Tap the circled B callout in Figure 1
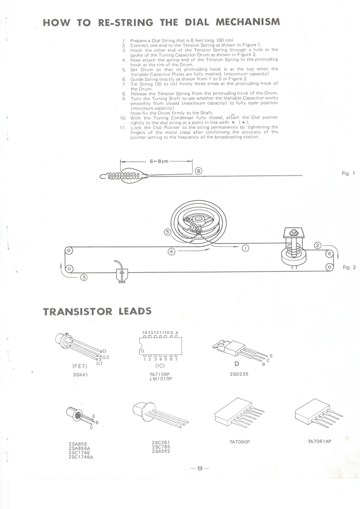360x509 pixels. click(198, 171)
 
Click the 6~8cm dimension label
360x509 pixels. click(157, 161)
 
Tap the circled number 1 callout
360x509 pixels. click(245, 248)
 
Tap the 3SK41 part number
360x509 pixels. click(80, 374)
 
